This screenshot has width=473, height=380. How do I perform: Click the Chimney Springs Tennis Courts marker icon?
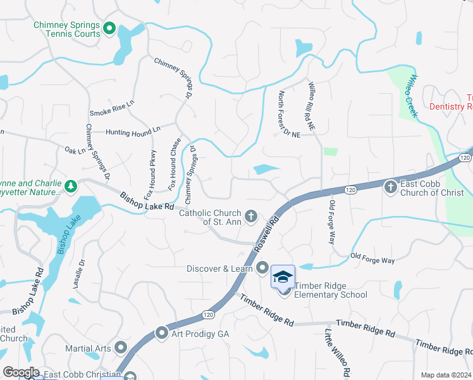(109, 28)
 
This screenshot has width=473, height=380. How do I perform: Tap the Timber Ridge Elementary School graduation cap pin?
(283, 277)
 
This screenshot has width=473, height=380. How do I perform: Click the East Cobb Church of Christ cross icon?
(390, 187)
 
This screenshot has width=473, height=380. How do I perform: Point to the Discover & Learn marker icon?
(262, 269)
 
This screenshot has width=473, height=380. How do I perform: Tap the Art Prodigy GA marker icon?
(162, 333)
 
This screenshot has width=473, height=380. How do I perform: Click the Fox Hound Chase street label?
(175, 164)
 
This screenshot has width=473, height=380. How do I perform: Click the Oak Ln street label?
(75, 151)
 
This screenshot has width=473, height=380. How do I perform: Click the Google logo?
(21, 372)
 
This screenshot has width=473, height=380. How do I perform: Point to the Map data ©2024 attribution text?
(446, 375)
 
